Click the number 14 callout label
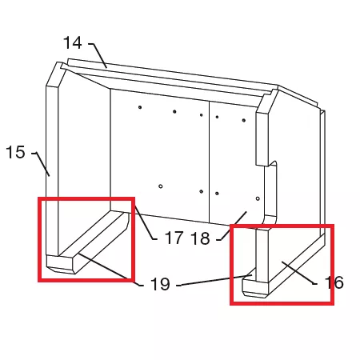coord(73,43)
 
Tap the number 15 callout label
coord(15,152)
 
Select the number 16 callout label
coord(334,282)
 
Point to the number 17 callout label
coord(174,238)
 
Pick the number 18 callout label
coord(200,238)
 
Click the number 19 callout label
coord(160,284)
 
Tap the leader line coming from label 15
coord(42,163)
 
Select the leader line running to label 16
coord(299,273)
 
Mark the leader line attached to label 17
coord(146,223)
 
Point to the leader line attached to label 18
coord(231,226)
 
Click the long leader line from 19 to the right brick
coord(214,280)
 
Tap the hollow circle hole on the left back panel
coord(161,186)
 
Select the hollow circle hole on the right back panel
coord(258,198)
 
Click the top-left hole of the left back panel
coord(140,107)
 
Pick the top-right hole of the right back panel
coord(244,120)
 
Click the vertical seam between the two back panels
coord(210,162)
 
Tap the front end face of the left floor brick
coord(61,264)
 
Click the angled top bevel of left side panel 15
coord(56,74)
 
